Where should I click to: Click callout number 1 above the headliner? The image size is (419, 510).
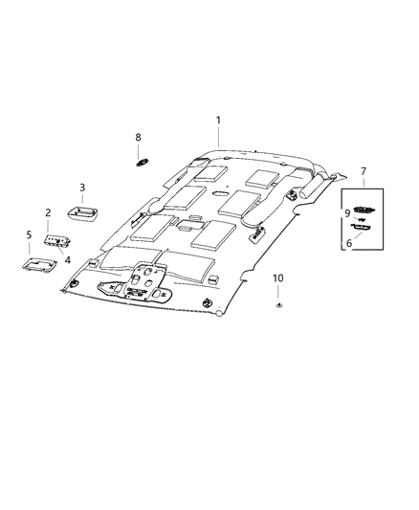[x=218, y=121]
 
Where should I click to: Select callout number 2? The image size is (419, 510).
[x=48, y=213]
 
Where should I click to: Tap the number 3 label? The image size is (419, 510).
[x=82, y=188]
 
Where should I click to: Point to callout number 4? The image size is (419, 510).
[x=67, y=260]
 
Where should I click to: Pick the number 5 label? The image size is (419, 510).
[x=29, y=234]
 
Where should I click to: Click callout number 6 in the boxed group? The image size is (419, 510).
[x=349, y=243]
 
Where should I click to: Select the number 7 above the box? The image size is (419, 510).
[x=364, y=171]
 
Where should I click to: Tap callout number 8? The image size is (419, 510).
[x=138, y=138]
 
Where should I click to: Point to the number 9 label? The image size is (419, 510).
[x=347, y=213]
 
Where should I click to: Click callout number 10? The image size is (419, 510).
[x=278, y=278]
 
